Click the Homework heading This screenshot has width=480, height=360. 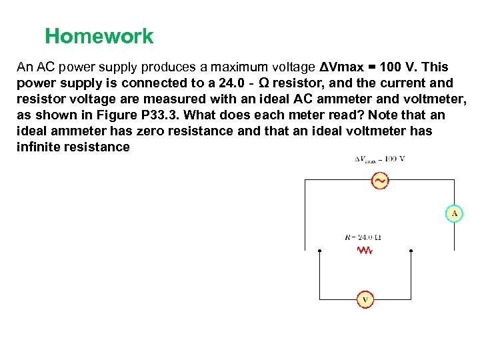point(99,36)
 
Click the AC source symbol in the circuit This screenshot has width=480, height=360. point(379,180)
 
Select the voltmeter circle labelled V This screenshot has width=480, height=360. point(365,300)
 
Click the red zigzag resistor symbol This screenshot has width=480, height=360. point(365,251)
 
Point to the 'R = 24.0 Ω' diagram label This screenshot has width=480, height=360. point(363,237)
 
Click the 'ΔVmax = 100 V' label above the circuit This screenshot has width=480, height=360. point(379,159)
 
